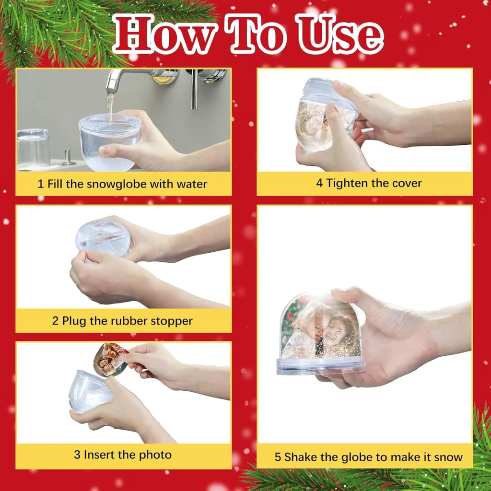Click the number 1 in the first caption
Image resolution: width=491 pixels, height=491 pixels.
click(40, 184)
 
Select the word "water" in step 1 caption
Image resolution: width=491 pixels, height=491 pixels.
click(192, 184)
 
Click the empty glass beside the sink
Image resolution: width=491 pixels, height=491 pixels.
click(33, 149)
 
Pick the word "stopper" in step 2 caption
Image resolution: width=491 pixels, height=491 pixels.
click(172, 321)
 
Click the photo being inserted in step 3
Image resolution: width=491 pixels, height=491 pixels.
click(110, 360)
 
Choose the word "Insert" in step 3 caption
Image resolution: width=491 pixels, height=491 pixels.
click(100, 455)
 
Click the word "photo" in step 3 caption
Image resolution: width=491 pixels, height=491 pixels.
click(155, 455)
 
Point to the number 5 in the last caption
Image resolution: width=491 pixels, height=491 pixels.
click(278, 457)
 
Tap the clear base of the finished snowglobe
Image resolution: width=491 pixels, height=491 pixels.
click(321, 366)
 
